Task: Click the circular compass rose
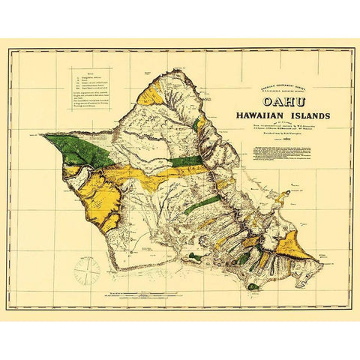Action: pos(87,268)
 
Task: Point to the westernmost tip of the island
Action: pos(40,135)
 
